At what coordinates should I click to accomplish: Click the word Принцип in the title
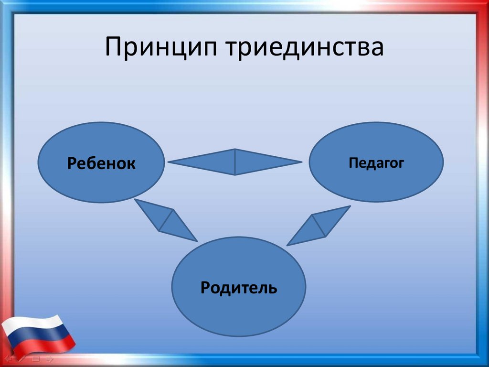tap(161, 47)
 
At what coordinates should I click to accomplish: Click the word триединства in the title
tap(304, 46)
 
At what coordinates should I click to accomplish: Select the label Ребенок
tap(101, 163)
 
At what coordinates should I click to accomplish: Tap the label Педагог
tap(376, 163)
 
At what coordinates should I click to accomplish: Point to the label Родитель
tap(239, 287)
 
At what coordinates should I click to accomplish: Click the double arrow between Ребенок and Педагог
tap(235, 162)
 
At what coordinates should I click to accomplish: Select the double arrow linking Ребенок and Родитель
tap(166, 220)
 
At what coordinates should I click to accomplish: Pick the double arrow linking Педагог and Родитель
tap(319, 226)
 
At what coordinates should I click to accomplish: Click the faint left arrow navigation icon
tap(9, 358)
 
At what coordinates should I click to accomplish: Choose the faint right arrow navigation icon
tap(49, 358)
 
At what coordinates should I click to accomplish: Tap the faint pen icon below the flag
tap(22, 358)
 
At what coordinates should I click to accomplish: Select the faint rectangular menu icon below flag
tap(36, 358)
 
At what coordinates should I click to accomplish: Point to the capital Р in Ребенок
tap(72, 163)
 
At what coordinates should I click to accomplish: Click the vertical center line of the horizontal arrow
tap(235, 162)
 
